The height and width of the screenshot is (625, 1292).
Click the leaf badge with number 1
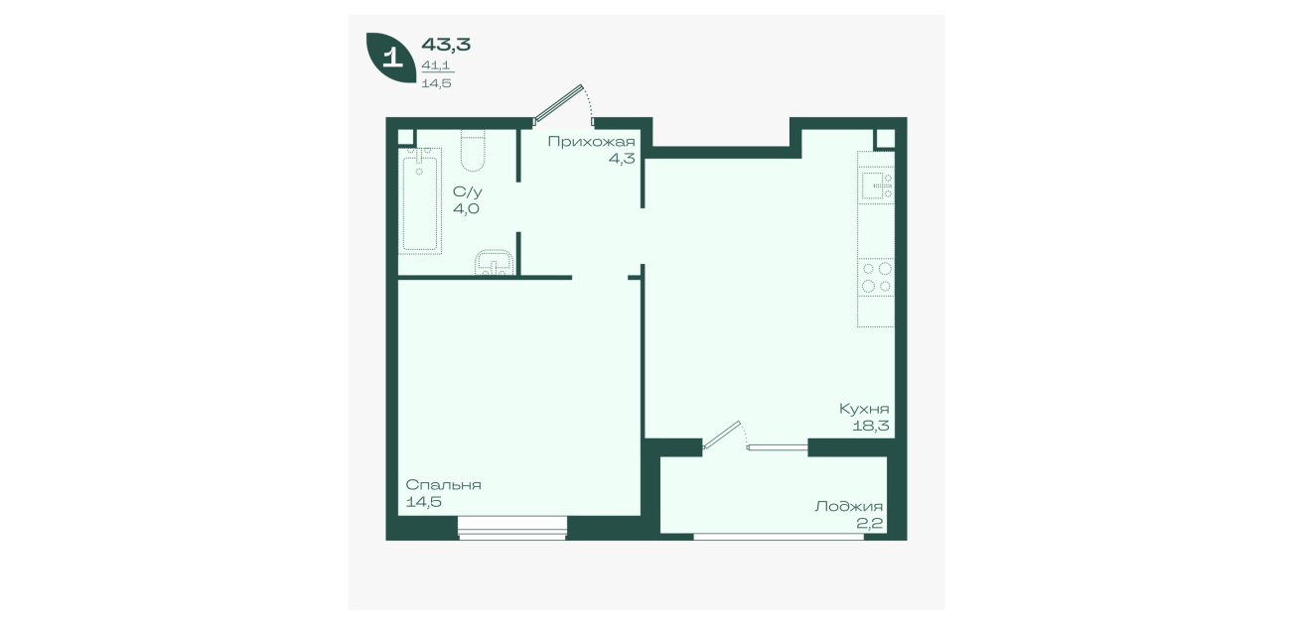tap(391, 58)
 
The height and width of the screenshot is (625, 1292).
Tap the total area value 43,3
tap(446, 45)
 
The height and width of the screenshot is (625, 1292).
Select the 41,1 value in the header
tap(436, 65)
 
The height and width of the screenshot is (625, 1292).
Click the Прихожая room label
tap(591, 141)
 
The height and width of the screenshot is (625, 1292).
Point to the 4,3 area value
tap(622, 159)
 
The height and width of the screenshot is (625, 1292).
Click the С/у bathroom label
tap(467, 191)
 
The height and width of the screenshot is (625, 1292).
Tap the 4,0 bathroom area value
tap(466, 208)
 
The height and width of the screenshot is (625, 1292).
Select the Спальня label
tap(444, 485)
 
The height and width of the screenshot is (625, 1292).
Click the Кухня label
tap(864, 409)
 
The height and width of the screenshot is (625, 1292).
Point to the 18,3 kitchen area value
tap(871, 427)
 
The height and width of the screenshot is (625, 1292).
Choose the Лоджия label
tap(849, 506)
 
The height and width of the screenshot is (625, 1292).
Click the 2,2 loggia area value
tap(870, 524)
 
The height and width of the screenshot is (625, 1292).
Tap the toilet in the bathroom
tap(473, 151)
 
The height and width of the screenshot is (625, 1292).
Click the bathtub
tap(420, 201)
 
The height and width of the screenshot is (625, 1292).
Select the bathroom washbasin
tap(495, 263)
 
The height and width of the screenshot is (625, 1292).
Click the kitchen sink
tap(877, 185)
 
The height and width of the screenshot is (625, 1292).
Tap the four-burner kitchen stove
tap(876, 277)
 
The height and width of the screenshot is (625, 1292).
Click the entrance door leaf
tap(558, 105)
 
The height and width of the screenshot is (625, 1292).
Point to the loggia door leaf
tap(721, 435)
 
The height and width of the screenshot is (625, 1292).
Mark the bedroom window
tap(512, 528)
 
